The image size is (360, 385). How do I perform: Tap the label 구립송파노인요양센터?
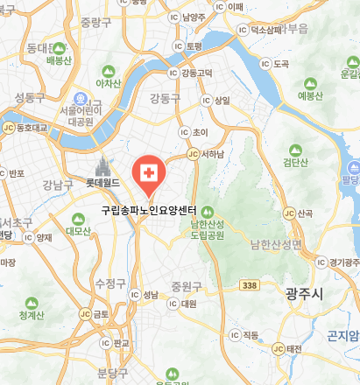click(148, 211)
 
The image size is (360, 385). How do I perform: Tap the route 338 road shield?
click(250, 286)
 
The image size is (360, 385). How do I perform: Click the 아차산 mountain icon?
click(108, 70)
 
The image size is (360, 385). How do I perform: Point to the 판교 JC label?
click(122, 342)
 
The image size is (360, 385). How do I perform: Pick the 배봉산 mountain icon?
click(60, 47)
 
